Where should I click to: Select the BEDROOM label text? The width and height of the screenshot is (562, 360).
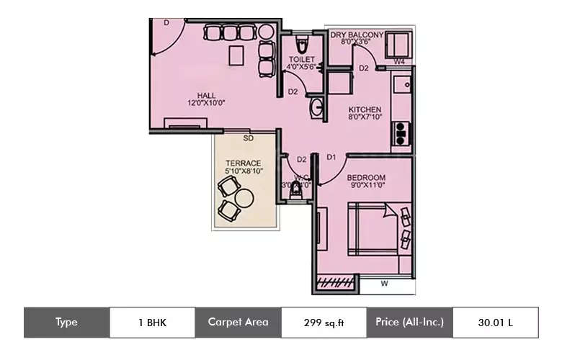click(x=366, y=178)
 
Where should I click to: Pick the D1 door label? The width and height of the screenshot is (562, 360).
click(x=331, y=157)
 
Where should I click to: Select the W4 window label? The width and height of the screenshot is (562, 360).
click(x=399, y=62)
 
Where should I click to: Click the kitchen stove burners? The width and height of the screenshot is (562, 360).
click(x=400, y=131)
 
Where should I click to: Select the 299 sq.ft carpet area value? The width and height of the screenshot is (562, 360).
click(x=324, y=323)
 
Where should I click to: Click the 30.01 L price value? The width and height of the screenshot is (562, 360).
click(x=495, y=323)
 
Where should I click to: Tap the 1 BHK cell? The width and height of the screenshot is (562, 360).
click(x=151, y=323)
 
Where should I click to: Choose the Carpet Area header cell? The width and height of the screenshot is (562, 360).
click(x=238, y=323)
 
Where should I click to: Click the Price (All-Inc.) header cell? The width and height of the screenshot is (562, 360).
click(x=409, y=323)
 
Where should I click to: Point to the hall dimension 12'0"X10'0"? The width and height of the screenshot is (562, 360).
click(x=207, y=103)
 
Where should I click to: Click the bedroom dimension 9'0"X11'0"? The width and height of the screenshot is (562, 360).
click(x=366, y=186)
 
